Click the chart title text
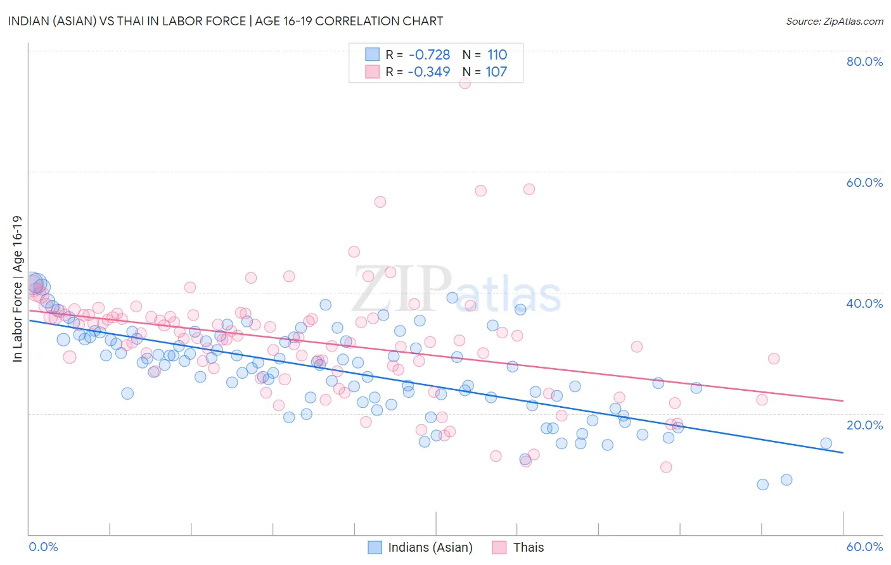click(x=226, y=21)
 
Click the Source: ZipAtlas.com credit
click(x=834, y=21)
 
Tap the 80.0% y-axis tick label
click(x=864, y=61)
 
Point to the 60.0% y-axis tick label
click(x=864, y=182)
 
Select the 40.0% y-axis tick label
click(x=864, y=303)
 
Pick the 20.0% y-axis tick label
click(x=864, y=425)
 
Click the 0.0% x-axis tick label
click(x=44, y=547)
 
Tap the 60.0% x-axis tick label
click(x=864, y=547)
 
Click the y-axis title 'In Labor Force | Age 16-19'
click(x=17, y=289)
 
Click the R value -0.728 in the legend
click(x=429, y=54)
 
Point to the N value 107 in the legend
click(x=496, y=72)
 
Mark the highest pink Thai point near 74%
click(x=465, y=82)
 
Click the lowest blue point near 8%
click(x=762, y=485)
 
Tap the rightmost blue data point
click(x=826, y=443)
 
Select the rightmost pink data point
click(x=773, y=359)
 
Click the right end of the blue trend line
click(x=843, y=452)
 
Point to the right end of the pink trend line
click(x=843, y=400)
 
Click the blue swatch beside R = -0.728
click(x=372, y=54)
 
